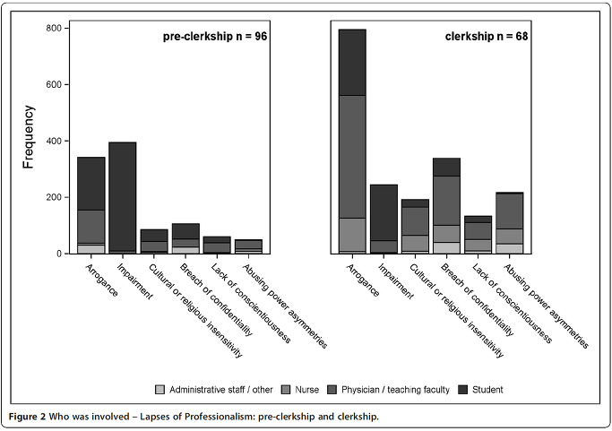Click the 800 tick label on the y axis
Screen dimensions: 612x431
point(54,28)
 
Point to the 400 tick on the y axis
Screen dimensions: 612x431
point(66,141)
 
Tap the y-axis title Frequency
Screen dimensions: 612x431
point(29,136)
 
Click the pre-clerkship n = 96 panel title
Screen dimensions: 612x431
point(215,37)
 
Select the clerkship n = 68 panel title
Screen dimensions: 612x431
point(487,37)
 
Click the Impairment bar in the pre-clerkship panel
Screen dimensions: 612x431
point(123,198)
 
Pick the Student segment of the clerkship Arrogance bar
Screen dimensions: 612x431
point(352,63)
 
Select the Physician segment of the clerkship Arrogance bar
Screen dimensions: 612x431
point(352,157)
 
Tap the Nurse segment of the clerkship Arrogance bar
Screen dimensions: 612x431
point(352,234)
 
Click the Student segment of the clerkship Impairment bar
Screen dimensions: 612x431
point(384,212)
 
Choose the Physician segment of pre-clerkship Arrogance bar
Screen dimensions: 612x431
point(91,227)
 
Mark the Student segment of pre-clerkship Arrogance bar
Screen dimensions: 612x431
point(91,184)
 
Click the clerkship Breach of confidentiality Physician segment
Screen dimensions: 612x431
point(446,201)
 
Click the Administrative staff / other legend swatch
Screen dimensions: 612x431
point(159,390)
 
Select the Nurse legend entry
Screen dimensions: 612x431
point(300,390)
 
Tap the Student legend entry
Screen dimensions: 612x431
point(481,390)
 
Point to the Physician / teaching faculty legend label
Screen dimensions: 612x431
point(395,390)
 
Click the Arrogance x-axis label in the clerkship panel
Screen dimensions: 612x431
point(363,280)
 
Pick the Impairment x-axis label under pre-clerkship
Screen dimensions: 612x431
point(134,281)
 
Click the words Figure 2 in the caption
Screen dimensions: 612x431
point(27,417)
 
